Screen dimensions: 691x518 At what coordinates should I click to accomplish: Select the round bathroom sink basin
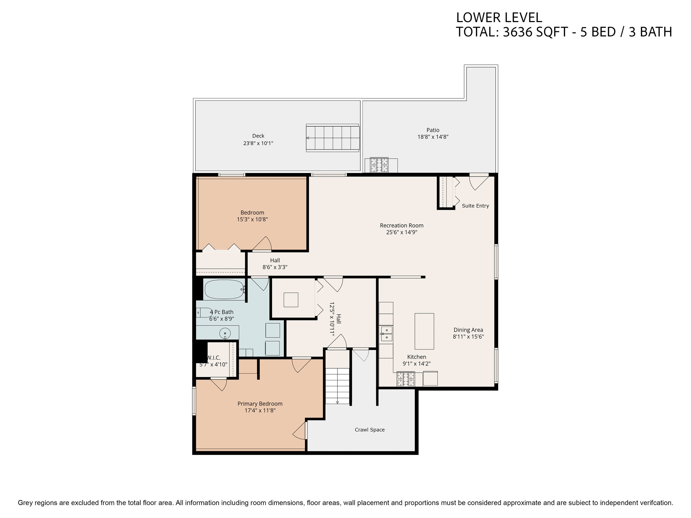(225, 333)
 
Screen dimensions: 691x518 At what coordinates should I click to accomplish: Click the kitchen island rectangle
(424, 331)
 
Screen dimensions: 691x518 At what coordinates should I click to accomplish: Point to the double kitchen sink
(386, 333)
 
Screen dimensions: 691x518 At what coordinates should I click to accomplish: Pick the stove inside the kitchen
(406, 379)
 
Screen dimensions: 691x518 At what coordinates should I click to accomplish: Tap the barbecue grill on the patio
(379, 165)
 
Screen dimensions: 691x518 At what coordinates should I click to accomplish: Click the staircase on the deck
(333, 138)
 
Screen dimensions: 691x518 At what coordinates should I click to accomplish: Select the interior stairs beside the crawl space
(337, 386)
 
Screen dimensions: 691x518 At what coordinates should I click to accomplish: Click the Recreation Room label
(402, 225)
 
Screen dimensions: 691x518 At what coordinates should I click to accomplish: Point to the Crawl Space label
(370, 430)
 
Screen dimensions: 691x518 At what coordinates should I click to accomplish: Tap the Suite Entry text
(475, 206)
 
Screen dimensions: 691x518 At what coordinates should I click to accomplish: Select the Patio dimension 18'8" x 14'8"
(433, 137)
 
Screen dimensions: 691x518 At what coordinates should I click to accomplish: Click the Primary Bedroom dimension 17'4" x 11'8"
(260, 410)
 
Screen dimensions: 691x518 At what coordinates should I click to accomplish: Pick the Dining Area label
(468, 330)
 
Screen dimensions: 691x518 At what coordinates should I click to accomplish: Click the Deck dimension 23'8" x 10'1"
(258, 143)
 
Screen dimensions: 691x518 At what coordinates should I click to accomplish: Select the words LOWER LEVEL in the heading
(499, 18)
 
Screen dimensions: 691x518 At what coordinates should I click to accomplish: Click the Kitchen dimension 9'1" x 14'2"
(417, 364)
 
